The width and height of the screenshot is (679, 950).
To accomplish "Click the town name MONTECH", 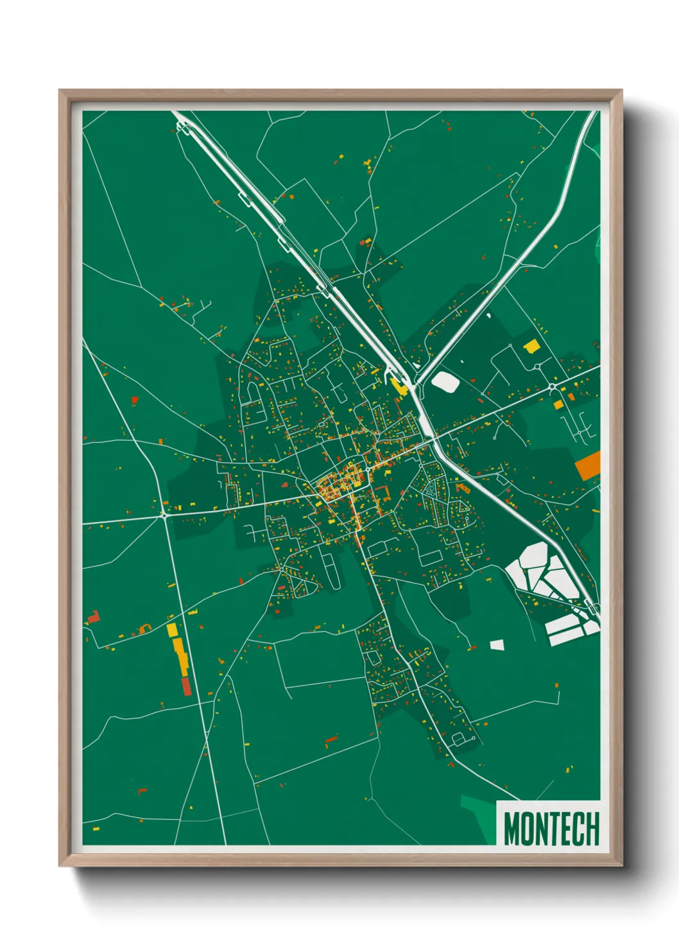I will tap(551, 828).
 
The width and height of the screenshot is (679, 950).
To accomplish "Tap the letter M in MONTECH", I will tap(511, 828).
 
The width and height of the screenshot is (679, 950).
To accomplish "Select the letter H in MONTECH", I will tap(592, 828).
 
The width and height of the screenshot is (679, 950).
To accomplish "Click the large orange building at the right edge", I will tap(588, 465).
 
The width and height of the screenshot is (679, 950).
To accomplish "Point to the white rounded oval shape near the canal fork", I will tap(445, 382).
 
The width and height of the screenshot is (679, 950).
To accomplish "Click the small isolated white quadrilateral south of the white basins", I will tap(497, 644).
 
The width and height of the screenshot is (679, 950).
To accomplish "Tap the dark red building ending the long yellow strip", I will tap(185, 686).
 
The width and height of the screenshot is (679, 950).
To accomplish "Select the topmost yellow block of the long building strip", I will tap(171, 629).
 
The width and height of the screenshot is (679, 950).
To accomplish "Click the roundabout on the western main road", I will tap(165, 515).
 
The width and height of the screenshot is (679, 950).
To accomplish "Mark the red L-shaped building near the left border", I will tap(94, 617).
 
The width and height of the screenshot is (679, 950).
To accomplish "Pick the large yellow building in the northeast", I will tap(531, 347).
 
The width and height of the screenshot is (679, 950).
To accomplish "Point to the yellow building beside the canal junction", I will tap(399, 386).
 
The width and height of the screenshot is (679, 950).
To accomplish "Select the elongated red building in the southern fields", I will tap(331, 740).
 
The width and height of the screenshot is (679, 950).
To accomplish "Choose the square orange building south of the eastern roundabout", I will tap(558, 405).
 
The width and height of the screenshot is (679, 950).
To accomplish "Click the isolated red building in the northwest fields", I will tap(135, 400).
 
